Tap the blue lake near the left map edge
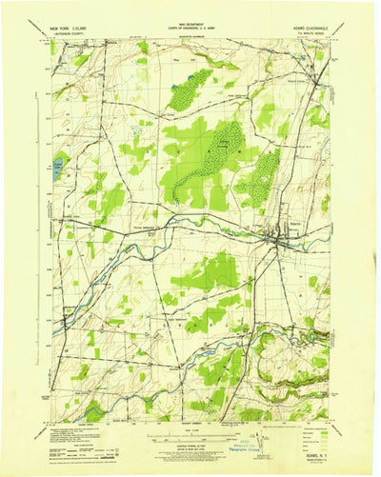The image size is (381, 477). tap(60, 168)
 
